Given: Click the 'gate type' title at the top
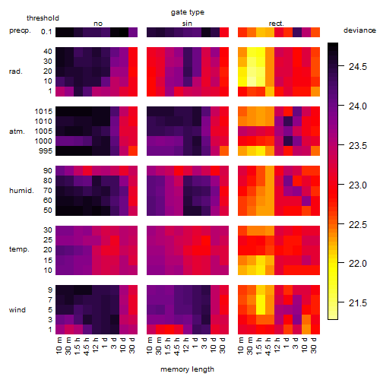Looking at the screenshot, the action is point(188,12).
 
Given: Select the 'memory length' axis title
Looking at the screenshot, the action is point(187,369).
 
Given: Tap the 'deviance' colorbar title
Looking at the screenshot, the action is point(359,30).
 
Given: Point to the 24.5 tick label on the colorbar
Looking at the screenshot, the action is point(358,67).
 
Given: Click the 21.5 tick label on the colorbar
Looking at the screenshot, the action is point(358,302).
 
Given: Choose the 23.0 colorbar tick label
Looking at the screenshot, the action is point(358,185).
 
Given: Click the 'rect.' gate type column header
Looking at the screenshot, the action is point(276,24).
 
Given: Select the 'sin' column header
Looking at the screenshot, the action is point(187,24).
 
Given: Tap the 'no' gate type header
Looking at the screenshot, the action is point(98,24).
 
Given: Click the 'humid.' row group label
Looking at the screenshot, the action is point(21,191).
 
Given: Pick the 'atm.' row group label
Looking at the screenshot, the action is point(17,131).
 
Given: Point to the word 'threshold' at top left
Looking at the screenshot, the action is point(43,18).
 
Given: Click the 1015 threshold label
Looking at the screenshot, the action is point(43,112).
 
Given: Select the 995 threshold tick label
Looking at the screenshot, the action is point(46,151).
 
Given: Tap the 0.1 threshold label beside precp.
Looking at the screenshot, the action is point(46,32).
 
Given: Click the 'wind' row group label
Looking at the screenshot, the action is point(17,310).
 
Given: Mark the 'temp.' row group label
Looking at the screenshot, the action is point(19,249).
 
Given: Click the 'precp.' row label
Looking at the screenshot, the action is point(20,30).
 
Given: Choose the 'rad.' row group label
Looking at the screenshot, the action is point(16,71).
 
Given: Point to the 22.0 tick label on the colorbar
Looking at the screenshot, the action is point(358,264).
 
